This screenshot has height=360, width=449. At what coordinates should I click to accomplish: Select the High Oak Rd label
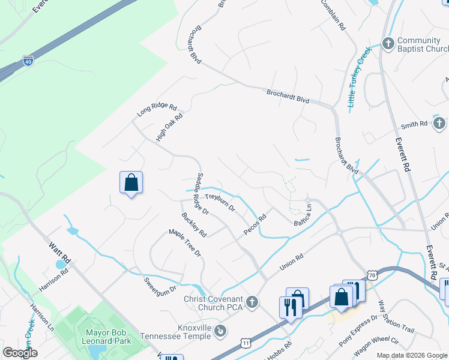tap(169, 128)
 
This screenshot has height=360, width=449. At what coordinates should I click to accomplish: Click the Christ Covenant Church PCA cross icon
tap(253, 301)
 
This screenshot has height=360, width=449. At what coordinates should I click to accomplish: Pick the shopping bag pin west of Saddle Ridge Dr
tap(131, 182)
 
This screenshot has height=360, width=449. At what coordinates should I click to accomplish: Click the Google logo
tap(20, 353)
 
